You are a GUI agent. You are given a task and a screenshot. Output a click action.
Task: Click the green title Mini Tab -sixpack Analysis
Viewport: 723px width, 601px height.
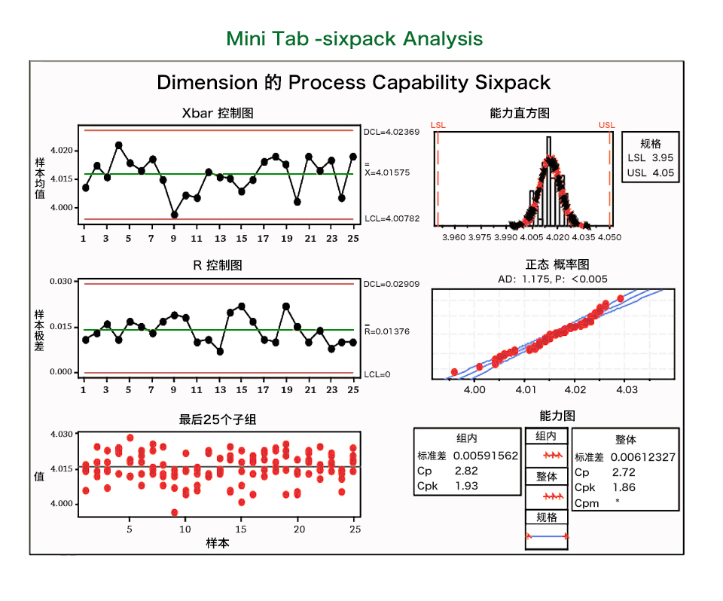click(354, 38)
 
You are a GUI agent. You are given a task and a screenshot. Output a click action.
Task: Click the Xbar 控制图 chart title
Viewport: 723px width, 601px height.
click(218, 114)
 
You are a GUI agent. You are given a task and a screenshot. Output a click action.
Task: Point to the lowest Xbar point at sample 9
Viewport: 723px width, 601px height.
click(175, 215)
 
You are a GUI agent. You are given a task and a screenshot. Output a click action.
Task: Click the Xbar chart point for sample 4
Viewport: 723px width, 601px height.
click(119, 145)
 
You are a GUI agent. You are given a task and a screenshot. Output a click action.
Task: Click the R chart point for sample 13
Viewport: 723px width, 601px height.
click(220, 352)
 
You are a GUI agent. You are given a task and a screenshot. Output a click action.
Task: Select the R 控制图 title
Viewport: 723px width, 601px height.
click(218, 266)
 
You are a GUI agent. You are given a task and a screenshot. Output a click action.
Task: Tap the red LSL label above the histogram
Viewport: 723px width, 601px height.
click(438, 125)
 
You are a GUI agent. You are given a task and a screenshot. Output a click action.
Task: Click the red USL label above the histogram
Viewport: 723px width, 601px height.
click(606, 125)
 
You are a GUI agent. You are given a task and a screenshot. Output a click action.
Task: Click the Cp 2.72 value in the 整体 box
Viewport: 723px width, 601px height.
click(623, 472)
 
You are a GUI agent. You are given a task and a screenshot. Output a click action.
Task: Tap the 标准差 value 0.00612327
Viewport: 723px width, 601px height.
click(642, 456)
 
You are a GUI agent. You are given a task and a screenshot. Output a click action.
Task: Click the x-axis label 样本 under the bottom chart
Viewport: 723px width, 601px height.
click(218, 543)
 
